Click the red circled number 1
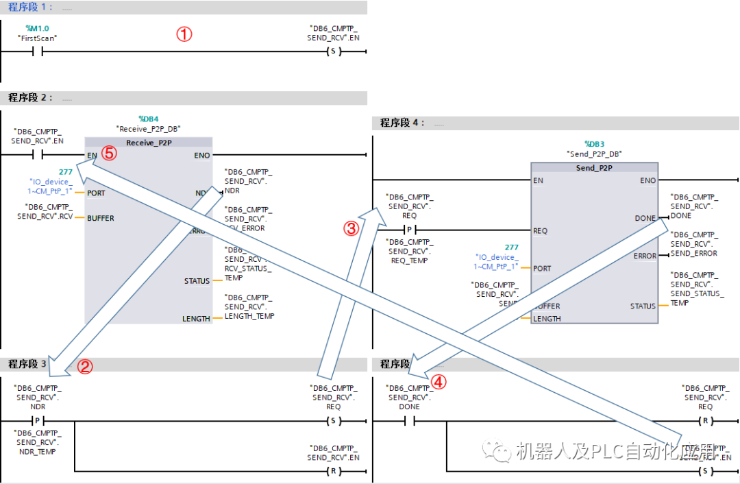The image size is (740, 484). pyautogui.click(x=184, y=34)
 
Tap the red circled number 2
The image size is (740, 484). pyautogui.click(x=84, y=367)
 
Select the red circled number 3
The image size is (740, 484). pyautogui.click(x=351, y=230)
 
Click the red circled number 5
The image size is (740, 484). pyautogui.click(x=110, y=154)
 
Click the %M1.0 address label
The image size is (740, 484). pyautogui.click(x=37, y=28)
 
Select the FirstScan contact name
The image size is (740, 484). pyautogui.click(x=37, y=38)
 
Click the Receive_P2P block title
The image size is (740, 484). pyautogui.click(x=149, y=143)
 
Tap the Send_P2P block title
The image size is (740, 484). pyautogui.click(x=594, y=168)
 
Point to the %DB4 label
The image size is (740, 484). pyautogui.click(x=149, y=119)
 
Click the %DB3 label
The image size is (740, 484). pyautogui.click(x=594, y=144)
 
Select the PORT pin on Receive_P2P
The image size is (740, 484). pyautogui.click(x=96, y=193)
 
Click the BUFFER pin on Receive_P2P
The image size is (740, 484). pyautogui.click(x=100, y=218)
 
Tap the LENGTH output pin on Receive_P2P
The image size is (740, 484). pyautogui.click(x=196, y=319)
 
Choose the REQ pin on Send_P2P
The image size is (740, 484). pyautogui.click(x=541, y=231)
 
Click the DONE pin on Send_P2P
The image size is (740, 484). pyautogui.click(x=645, y=218)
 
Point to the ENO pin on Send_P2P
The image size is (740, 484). pyautogui.click(x=647, y=181)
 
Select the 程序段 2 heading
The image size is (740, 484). pyautogui.click(x=30, y=98)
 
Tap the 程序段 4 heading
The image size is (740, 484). pyautogui.click(x=402, y=123)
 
